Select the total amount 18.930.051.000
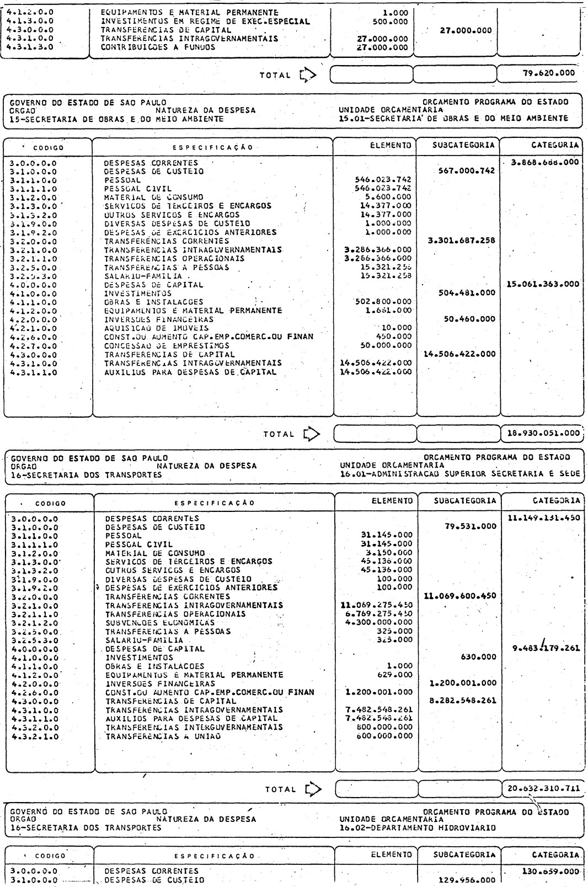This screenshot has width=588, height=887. point(542,434)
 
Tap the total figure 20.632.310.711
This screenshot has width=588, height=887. point(542,788)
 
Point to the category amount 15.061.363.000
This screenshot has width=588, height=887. point(541,284)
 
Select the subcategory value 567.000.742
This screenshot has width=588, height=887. point(464,172)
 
